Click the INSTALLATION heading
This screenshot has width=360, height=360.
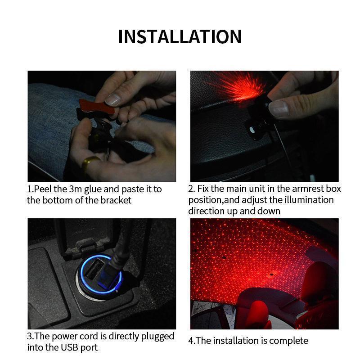pyautogui.click(x=180, y=36)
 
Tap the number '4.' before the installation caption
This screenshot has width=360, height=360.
pyautogui.click(x=192, y=341)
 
